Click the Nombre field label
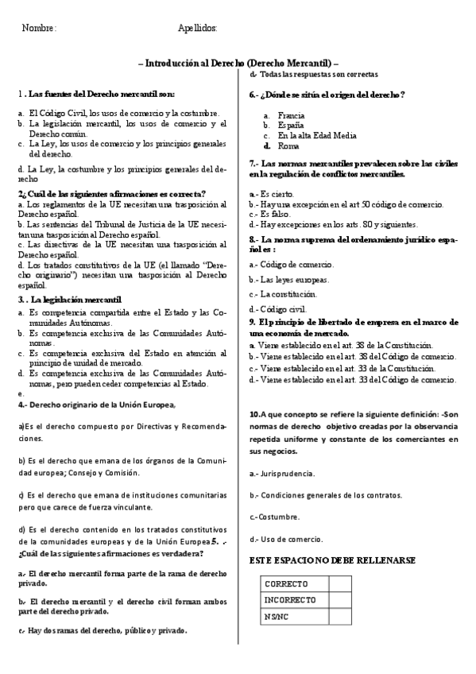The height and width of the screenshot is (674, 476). coord(40,28)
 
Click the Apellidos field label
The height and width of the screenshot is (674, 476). coord(198,28)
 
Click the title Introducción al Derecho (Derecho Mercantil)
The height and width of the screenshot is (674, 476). coord(238,62)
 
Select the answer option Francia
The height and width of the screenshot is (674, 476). coord(291,115)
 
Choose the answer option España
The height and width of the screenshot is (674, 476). coord(291,126)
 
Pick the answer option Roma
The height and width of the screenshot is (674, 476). coord(288,146)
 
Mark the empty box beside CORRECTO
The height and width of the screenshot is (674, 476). coord(339,583)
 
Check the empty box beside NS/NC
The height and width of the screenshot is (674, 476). coord(339,616)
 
